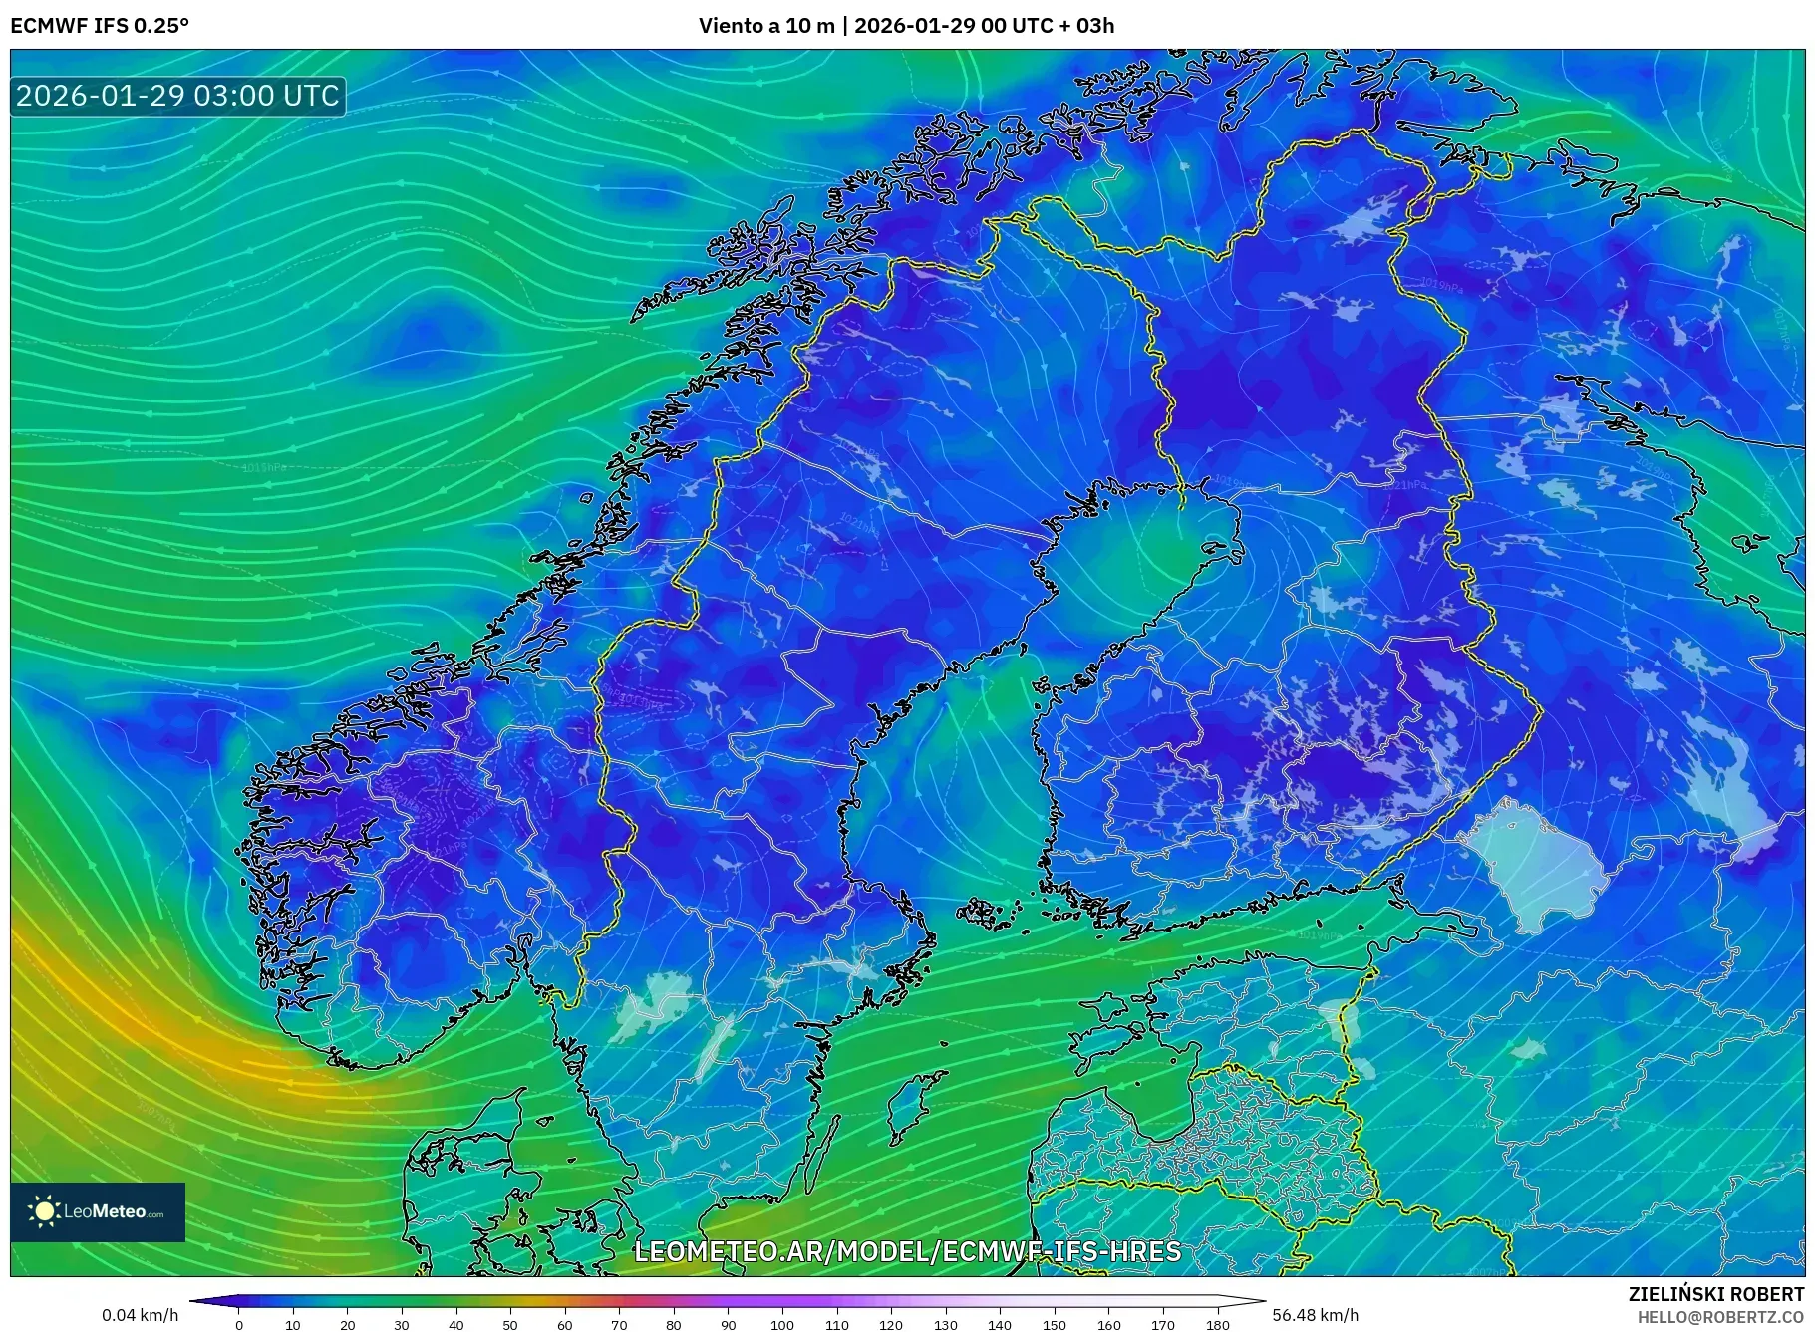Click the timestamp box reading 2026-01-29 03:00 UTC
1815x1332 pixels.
177,96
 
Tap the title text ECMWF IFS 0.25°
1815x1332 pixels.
100,26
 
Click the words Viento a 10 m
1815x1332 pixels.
765,26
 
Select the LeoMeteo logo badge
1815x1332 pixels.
98,1211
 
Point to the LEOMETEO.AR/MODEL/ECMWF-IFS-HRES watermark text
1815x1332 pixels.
907,1251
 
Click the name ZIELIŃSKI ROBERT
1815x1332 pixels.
1715,1294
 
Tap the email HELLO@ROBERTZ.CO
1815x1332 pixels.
1719,1317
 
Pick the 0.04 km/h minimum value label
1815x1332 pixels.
140,1315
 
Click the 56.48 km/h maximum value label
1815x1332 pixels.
1315,1315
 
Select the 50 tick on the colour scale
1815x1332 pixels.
510,1324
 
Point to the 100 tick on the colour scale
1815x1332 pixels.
782,1324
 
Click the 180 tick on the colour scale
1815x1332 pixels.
1217,1324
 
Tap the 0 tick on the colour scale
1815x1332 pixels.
239,1324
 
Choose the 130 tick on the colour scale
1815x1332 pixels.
945,1324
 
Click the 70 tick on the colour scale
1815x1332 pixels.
619,1324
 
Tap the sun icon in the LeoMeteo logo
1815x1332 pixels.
44,1211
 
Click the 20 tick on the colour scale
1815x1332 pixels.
348,1324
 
